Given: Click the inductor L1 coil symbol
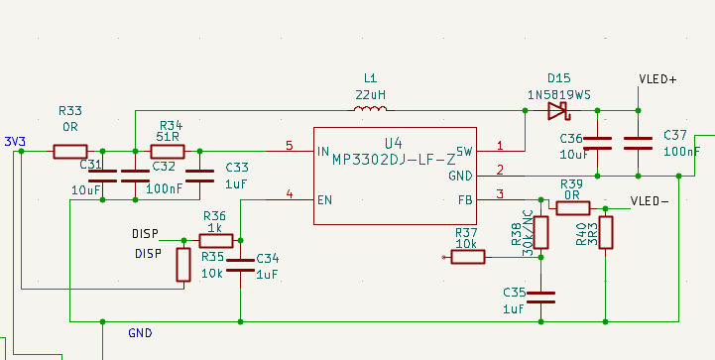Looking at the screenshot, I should [x=370, y=109].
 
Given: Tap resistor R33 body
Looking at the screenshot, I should [x=70, y=152].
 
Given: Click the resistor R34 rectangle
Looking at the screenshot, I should [x=167, y=152].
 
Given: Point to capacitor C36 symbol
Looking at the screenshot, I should [x=598, y=144].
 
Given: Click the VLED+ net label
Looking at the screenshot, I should [x=657, y=79].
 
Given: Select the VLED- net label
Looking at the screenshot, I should [x=651, y=200].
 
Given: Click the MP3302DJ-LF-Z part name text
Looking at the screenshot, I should [x=394, y=159].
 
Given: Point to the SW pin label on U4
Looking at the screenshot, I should [x=463, y=152].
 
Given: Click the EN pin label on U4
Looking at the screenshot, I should [x=324, y=200].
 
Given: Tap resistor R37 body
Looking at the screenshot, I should [x=468, y=257].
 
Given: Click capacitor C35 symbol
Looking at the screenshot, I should [x=540, y=296].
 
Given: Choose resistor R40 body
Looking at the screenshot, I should [x=605, y=232].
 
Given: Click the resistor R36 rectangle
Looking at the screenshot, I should [x=216, y=240].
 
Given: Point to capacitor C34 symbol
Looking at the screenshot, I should [x=241, y=265].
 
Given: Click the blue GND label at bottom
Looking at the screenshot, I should [x=140, y=333].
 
